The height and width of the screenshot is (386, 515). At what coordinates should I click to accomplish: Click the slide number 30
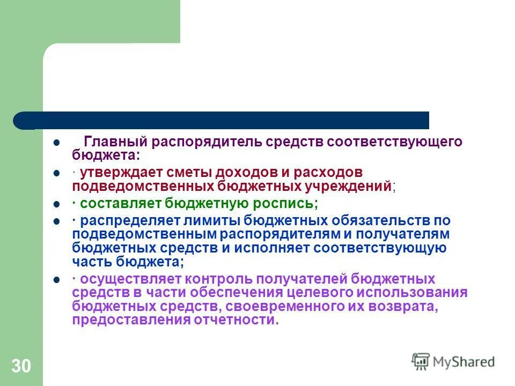pyautogui.click(x=21, y=366)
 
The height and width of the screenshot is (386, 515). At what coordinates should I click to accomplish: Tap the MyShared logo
pyautogui.click(x=453, y=361)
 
